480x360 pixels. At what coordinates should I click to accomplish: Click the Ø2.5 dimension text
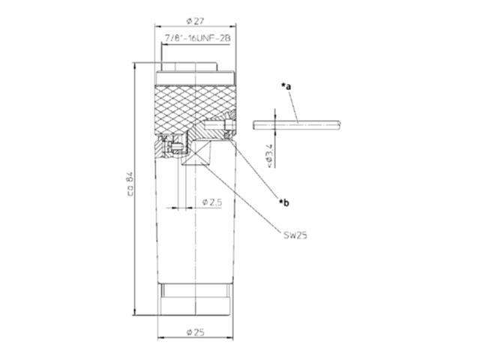click(x=213, y=202)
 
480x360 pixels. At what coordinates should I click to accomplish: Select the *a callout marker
click(x=286, y=87)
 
